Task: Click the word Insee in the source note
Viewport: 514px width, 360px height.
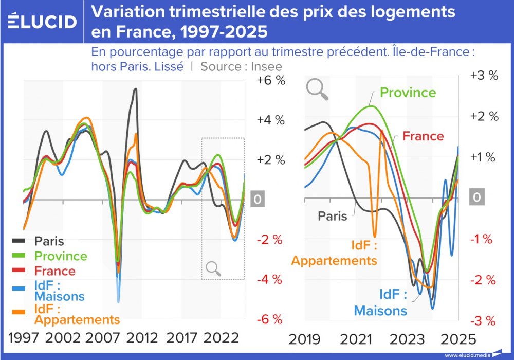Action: (x=267, y=66)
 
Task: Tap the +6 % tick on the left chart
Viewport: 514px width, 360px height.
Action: (x=271, y=80)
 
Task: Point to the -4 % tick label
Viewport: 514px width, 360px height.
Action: (x=270, y=279)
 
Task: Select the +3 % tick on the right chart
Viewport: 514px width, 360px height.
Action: (x=484, y=75)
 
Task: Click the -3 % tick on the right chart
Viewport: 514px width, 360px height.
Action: (x=483, y=321)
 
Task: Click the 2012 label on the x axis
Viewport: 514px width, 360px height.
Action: (x=142, y=338)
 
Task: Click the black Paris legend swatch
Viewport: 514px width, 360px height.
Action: (x=19, y=241)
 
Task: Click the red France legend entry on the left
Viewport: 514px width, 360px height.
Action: (x=54, y=271)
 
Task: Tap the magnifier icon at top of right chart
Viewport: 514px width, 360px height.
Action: (x=317, y=89)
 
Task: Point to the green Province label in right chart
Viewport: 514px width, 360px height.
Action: (x=408, y=93)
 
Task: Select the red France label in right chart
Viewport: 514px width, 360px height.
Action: (x=423, y=136)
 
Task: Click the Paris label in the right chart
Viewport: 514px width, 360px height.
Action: (x=332, y=216)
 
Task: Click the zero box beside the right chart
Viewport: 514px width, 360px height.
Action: (x=478, y=198)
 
